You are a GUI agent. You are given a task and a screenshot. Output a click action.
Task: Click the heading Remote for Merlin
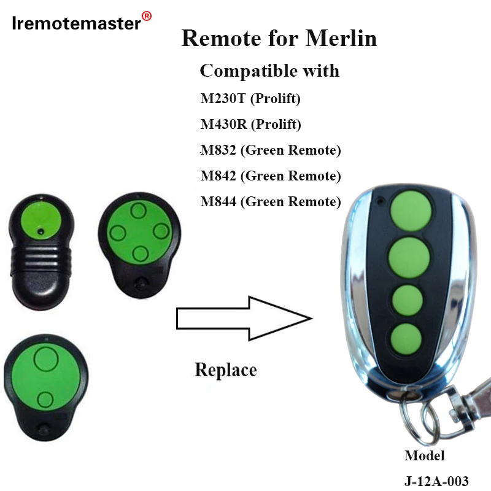(x=279, y=38)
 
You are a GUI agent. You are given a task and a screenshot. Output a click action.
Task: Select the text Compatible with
(x=269, y=71)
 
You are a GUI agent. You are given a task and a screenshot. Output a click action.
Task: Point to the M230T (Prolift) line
(x=250, y=98)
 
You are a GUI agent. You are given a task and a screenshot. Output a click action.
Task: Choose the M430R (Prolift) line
(x=250, y=125)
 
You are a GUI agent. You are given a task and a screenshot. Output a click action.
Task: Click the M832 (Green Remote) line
(x=270, y=150)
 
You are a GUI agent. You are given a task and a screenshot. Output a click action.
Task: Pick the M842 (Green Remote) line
(x=270, y=176)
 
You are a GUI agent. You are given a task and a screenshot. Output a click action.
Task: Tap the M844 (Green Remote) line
(x=270, y=201)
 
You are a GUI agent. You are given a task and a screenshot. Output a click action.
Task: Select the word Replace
(x=225, y=369)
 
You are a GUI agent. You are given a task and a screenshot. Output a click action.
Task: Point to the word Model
(x=424, y=455)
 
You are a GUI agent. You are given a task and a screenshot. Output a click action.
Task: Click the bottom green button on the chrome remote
(x=405, y=338)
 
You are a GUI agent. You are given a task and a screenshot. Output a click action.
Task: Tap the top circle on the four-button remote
(x=139, y=211)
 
